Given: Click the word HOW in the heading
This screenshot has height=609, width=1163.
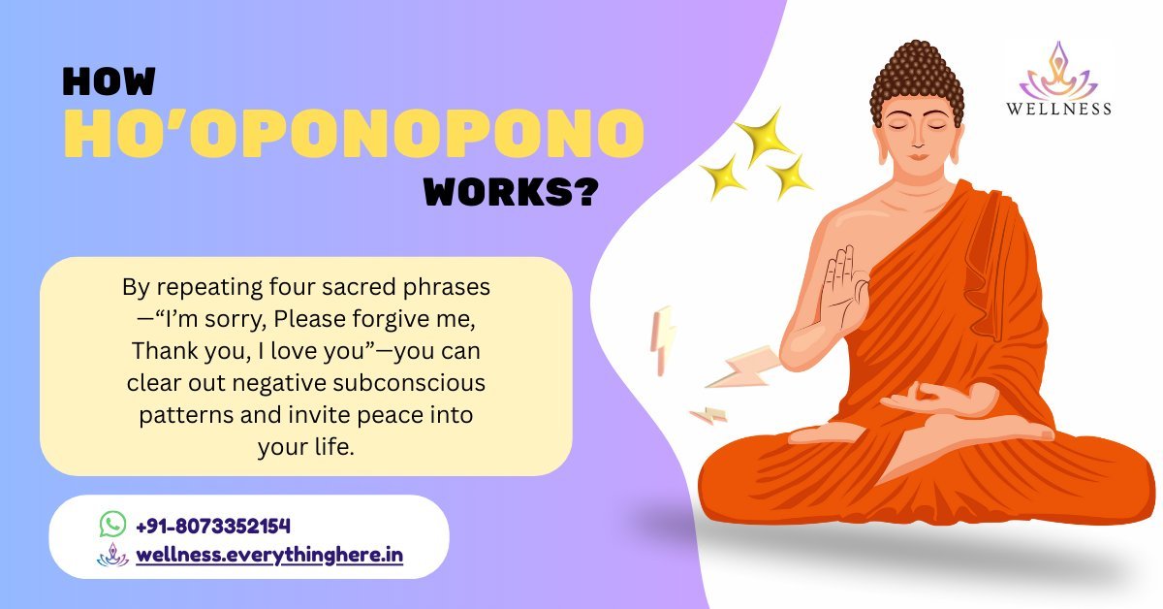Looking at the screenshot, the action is coord(109,81).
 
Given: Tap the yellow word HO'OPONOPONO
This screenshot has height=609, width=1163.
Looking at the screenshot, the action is coord(354,133).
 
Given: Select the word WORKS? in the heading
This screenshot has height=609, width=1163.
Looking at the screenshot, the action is coord(511,192).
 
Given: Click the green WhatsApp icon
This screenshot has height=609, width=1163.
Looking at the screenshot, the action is coord(112,524).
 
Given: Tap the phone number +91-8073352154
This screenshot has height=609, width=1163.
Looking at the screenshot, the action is coord(213,526).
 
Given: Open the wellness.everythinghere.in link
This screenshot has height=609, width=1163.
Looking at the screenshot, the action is coord(269,555).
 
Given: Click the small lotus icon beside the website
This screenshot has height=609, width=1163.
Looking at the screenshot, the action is coord(112,555).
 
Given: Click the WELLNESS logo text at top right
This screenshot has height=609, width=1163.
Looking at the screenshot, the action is coord(1058,109).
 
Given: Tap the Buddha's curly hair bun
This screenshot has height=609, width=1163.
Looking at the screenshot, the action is coord(918,80).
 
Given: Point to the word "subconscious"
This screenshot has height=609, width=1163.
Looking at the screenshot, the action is coord(409,383).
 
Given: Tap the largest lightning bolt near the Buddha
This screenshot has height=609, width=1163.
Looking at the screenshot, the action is coord(743,368).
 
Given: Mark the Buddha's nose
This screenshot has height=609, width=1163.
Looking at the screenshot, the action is coord(918,139).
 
